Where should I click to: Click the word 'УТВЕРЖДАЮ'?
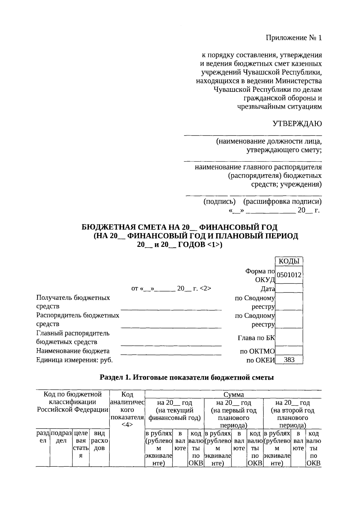(x=297, y=124)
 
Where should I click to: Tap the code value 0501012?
(x=289, y=275)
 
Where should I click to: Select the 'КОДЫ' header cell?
(x=289, y=261)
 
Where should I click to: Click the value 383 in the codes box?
(x=289, y=360)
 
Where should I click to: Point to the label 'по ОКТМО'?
(x=257, y=351)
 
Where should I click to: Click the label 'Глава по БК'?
(x=256, y=338)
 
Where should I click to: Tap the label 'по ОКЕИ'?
(x=260, y=360)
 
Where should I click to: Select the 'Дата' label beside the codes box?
(x=268, y=289)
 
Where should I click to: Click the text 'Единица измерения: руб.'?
(x=74, y=360)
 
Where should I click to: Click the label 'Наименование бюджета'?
(x=73, y=351)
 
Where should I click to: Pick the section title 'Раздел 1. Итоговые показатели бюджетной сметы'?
(x=187, y=378)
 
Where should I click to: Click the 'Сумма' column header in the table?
(x=233, y=394)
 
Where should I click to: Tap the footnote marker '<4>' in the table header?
(x=127, y=425)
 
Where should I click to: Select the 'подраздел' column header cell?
(x=61, y=437)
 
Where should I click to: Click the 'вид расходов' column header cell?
(x=99, y=441)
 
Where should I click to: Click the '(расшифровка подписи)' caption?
(x=282, y=202)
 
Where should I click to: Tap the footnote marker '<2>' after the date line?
(x=205, y=289)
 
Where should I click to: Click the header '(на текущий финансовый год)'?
(x=174, y=414)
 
